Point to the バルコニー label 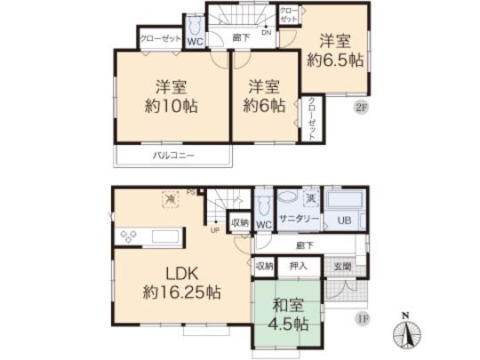coord(172,156)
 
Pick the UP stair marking coord(214,230)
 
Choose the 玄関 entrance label coord(341,264)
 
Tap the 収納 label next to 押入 coord(264,265)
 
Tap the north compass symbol coord(407,332)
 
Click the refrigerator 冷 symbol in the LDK coord(168,200)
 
